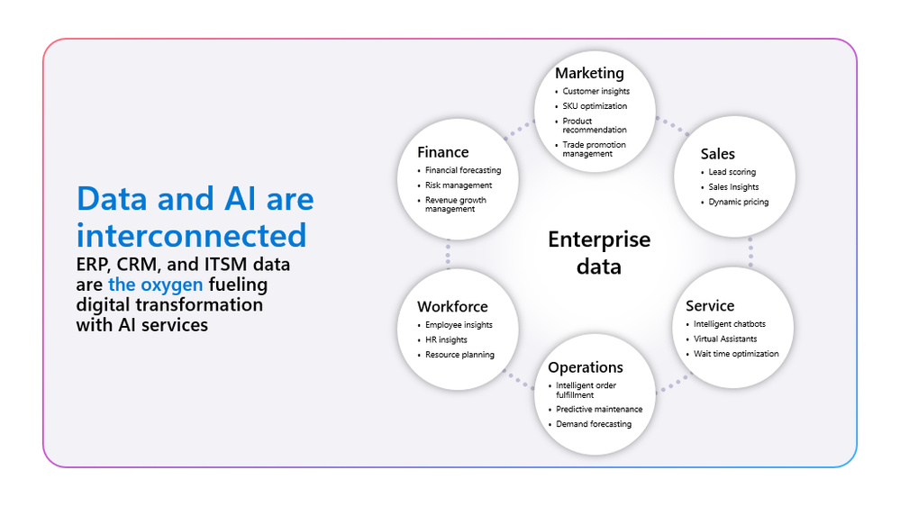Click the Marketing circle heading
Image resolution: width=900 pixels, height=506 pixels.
click(x=589, y=74)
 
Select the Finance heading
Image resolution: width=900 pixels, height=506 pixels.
click(x=443, y=152)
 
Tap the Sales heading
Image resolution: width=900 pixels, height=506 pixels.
click(x=717, y=154)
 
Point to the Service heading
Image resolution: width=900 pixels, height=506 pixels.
click(x=710, y=306)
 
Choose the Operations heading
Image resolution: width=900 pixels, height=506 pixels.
click(x=586, y=367)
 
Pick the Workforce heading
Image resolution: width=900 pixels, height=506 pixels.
click(x=452, y=306)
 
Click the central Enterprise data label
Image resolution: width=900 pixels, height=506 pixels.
click(x=599, y=252)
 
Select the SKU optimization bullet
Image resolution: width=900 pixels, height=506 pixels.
click(x=595, y=106)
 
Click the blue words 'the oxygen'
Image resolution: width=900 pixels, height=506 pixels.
click(x=156, y=285)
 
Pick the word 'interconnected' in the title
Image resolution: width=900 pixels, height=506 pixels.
click(x=192, y=236)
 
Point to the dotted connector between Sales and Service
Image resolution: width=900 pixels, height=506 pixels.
click(x=750, y=252)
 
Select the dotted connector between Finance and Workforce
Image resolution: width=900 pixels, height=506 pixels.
click(x=448, y=254)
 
